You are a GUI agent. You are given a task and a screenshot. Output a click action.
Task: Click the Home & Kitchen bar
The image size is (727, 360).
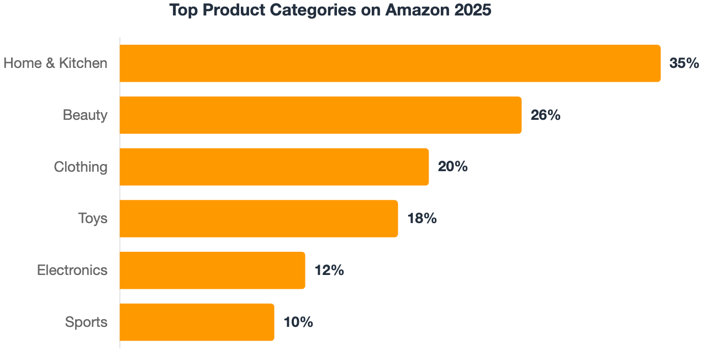coord(390,63)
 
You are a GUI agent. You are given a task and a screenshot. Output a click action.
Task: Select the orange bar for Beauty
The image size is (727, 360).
coord(320,115)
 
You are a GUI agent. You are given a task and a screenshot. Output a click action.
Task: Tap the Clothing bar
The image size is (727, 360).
coord(274,167)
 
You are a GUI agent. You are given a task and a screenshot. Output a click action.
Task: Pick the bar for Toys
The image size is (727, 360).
coord(259,219)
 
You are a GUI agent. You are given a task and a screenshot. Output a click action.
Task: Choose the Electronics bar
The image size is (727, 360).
coord(212,271)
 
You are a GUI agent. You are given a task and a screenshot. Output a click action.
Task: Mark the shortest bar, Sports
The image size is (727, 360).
coord(197,322)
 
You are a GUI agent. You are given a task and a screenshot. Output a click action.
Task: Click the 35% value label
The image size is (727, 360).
coord(684,63)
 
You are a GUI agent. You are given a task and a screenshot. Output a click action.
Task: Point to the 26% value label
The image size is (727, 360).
coord(546,115)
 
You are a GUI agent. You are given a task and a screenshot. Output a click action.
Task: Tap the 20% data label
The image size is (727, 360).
coord(453,167)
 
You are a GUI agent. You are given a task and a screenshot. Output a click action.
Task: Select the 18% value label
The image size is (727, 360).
coord(422,219)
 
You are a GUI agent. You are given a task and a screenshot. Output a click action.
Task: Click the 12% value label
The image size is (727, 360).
coord(329,271)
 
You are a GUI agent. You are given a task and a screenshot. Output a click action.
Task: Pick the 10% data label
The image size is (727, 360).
coord(298,322)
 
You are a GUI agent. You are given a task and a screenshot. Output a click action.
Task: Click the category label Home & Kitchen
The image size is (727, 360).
coord(55,63)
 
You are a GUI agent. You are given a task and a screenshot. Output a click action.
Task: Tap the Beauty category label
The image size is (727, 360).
coord(85,115)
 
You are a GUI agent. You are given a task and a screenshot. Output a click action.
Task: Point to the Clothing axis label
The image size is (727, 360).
coord(81,167)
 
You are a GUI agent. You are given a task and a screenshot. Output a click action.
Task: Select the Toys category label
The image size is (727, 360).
coord(92,219)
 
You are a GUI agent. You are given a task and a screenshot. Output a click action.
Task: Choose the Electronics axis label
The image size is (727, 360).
coord(72,270)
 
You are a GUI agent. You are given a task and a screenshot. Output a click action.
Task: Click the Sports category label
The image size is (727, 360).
coord(86,322)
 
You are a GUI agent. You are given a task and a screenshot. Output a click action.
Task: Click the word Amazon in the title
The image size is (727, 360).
coord(417,10)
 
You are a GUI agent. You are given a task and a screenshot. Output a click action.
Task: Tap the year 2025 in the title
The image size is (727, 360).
coord(473,10)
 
